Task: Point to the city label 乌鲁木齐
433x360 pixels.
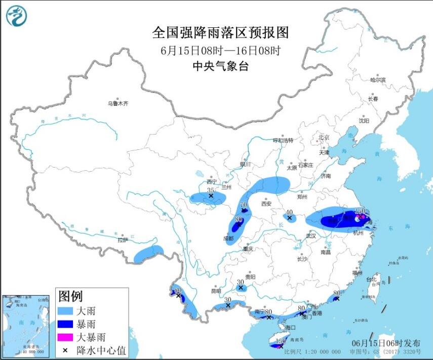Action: [x=117, y=103]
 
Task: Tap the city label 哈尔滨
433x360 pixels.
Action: [x=377, y=80]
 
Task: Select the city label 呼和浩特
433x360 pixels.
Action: [x=283, y=140]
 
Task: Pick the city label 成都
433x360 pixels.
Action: [x=228, y=238]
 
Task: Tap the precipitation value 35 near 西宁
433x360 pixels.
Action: [x=210, y=190]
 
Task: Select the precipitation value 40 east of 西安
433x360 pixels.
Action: [x=290, y=213]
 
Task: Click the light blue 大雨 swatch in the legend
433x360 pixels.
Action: [x=67, y=310]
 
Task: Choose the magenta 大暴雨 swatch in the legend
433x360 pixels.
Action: [x=67, y=337]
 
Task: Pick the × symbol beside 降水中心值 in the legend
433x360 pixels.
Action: [x=66, y=350]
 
